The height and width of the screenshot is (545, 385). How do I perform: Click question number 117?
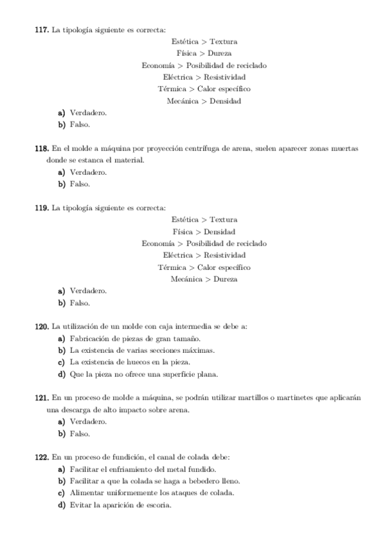click(41, 30)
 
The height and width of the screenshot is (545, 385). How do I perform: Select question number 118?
click(41, 148)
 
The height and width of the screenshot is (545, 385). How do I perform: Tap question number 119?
click(41, 208)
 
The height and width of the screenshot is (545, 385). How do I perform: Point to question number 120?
click(41, 326)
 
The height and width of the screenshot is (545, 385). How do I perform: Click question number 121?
click(41, 398)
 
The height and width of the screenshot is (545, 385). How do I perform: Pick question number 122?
click(41, 457)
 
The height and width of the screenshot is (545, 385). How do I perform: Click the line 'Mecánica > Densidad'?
click(204, 101)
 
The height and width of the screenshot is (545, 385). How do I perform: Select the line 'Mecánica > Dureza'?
click(204, 279)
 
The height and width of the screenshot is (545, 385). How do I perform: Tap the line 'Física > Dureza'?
click(204, 53)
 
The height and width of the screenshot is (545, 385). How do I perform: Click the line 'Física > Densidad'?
click(204, 231)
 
